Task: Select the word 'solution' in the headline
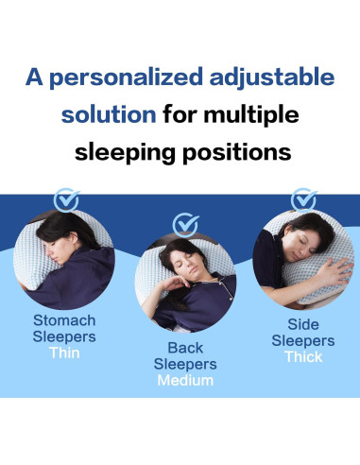(109, 116)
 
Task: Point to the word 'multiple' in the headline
(254, 116)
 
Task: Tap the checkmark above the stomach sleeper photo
(66, 200)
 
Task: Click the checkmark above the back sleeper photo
(186, 225)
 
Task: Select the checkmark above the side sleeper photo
(303, 200)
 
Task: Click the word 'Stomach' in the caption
(64, 319)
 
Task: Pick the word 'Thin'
(64, 353)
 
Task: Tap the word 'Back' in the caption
(186, 347)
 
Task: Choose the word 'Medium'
(186, 381)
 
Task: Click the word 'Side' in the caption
(303, 322)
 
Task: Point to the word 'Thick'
(303, 356)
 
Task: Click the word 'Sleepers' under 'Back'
(186, 364)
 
